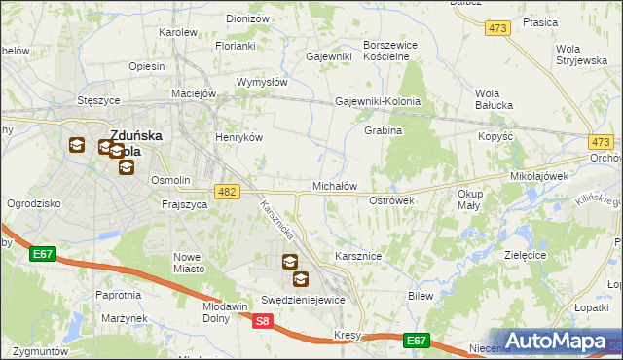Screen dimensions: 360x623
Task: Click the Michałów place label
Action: pyautogui.click(x=335, y=185)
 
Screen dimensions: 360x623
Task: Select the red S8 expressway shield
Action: pyautogui.click(x=262, y=320)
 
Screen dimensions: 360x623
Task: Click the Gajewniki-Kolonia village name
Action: pyautogui.click(x=378, y=101)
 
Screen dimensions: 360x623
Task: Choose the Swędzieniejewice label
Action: pyautogui.click(x=303, y=300)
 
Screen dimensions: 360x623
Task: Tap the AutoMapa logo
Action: pyautogui.click(x=563, y=342)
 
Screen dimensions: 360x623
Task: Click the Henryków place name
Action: pyautogui.click(x=239, y=137)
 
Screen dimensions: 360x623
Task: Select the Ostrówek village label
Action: pyautogui.click(x=392, y=199)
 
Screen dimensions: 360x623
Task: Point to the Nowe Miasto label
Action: pyautogui.click(x=187, y=262)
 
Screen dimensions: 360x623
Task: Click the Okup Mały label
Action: pyautogui.click(x=470, y=199)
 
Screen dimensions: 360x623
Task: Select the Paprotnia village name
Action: pyautogui.click(x=118, y=294)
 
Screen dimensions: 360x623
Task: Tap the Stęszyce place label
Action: pyautogui.click(x=98, y=99)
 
